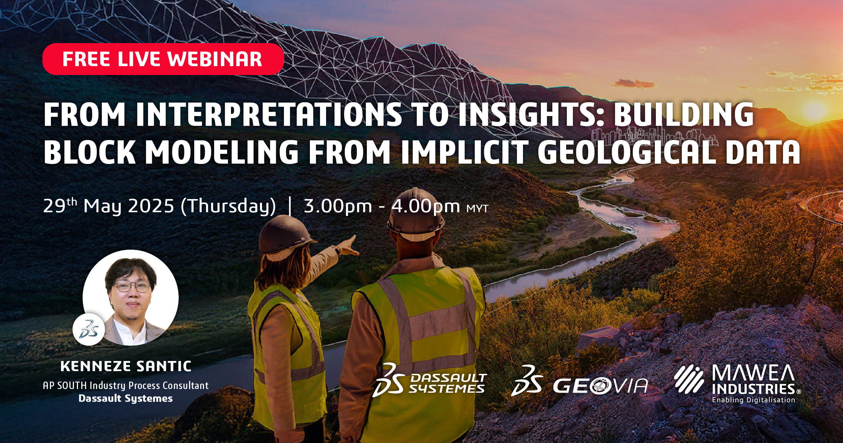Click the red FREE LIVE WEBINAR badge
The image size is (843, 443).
pos(163,59)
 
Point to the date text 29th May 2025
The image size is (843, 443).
pos(109,206)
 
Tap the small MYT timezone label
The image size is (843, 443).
pos(477,209)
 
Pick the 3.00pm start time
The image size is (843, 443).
pos(338,206)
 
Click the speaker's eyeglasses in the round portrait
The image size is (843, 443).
pos(132,287)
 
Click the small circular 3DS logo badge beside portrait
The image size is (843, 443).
pos(89,329)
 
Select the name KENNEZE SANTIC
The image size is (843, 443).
pos(126,366)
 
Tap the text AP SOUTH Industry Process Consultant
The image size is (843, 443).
pos(126,386)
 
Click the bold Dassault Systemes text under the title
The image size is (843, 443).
pos(125,398)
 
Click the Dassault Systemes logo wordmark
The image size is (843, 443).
pos(448,383)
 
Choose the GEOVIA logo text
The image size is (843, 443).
pos(600,386)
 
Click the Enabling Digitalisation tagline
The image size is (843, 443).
pos(754,400)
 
